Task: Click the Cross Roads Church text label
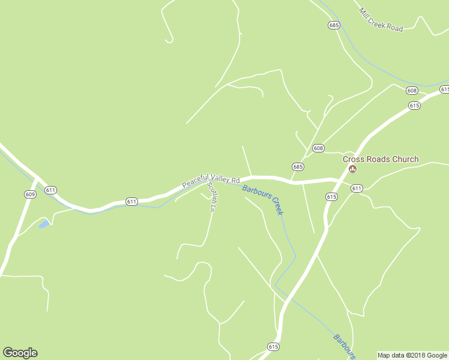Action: tap(381, 159)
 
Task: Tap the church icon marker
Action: tap(353, 169)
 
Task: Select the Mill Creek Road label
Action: tap(381, 19)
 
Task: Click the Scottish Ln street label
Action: tap(211, 197)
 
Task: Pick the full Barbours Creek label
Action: tap(263, 200)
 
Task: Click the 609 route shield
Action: tap(31, 194)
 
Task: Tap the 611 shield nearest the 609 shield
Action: tap(50, 190)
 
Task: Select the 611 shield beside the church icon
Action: tap(357, 188)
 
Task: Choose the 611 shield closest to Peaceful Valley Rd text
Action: tap(131, 201)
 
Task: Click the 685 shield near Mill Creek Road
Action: tap(334, 25)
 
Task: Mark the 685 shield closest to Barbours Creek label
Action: tap(298, 166)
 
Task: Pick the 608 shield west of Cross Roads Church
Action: tap(318, 148)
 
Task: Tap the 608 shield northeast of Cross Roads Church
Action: tap(411, 91)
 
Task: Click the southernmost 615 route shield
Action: tap(273, 347)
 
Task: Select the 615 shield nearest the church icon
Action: tap(331, 196)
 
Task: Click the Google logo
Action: tap(20, 353)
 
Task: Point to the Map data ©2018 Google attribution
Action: tap(412, 355)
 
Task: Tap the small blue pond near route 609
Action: tap(44, 224)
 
